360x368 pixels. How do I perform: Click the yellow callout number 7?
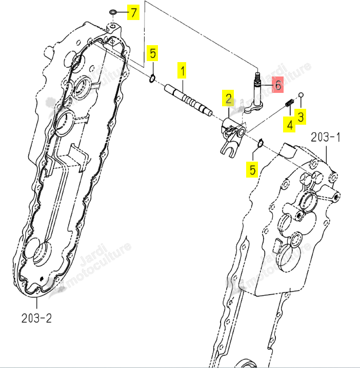133,12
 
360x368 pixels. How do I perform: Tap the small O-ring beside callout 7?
113,12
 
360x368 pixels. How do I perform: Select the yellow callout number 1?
182,70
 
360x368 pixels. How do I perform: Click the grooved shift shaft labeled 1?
189,100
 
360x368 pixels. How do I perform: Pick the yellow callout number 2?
228,98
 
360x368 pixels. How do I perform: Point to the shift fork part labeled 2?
233,138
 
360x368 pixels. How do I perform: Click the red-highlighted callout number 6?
277,85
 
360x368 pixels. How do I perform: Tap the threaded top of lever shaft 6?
257,78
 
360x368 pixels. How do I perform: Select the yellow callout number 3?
301,117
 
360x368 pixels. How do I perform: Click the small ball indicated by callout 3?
301,95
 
